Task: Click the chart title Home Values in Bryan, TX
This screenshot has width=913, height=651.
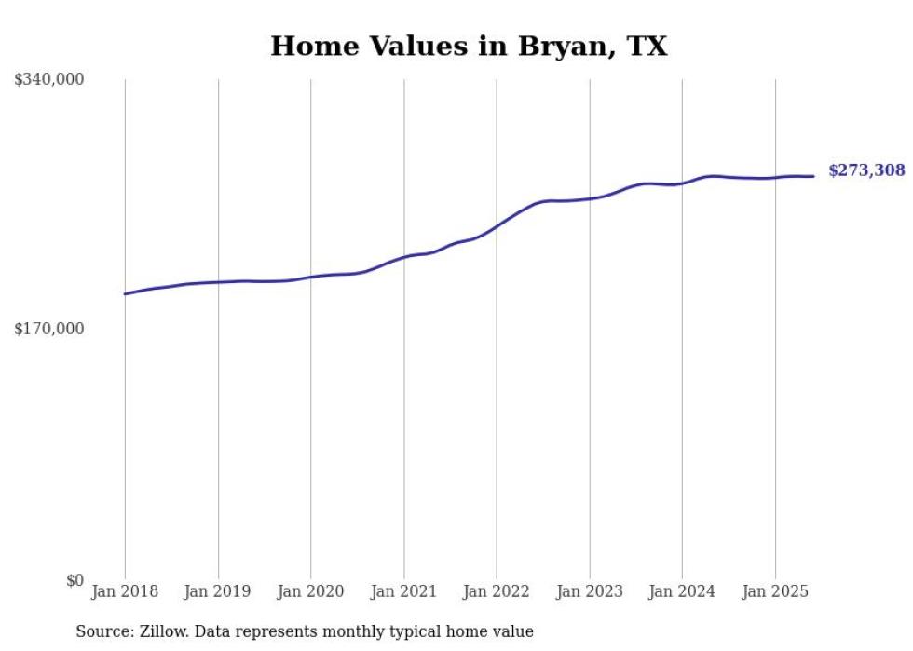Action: (x=469, y=46)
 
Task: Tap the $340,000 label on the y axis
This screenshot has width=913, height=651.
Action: (x=49, y=79)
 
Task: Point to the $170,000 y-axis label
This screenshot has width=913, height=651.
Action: (x=49, y=329)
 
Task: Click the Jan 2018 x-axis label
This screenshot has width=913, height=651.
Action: (x=125, y=591)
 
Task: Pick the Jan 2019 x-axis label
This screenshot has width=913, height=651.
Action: (x=218, y=591)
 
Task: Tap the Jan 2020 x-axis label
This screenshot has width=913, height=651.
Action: (x=310, y=591)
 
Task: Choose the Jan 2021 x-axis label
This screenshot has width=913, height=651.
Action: (x=403, y=591)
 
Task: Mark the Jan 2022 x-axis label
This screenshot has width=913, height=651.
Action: (x=497, y=591)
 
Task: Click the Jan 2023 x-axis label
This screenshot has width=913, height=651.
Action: (x=589, y=591)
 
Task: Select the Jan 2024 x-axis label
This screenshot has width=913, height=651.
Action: (x=682, y=591)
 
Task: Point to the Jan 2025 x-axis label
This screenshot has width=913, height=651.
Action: (x=774, y=591)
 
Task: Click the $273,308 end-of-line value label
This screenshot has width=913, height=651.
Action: (x=866, y=170)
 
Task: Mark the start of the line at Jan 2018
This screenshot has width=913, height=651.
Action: (x=125, y=293)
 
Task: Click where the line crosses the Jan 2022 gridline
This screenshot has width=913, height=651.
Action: (x=497, y=224)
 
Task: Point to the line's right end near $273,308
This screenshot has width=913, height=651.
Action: (x=813, y=176)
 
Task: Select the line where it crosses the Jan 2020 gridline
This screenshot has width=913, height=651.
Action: (x=310, y=277)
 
